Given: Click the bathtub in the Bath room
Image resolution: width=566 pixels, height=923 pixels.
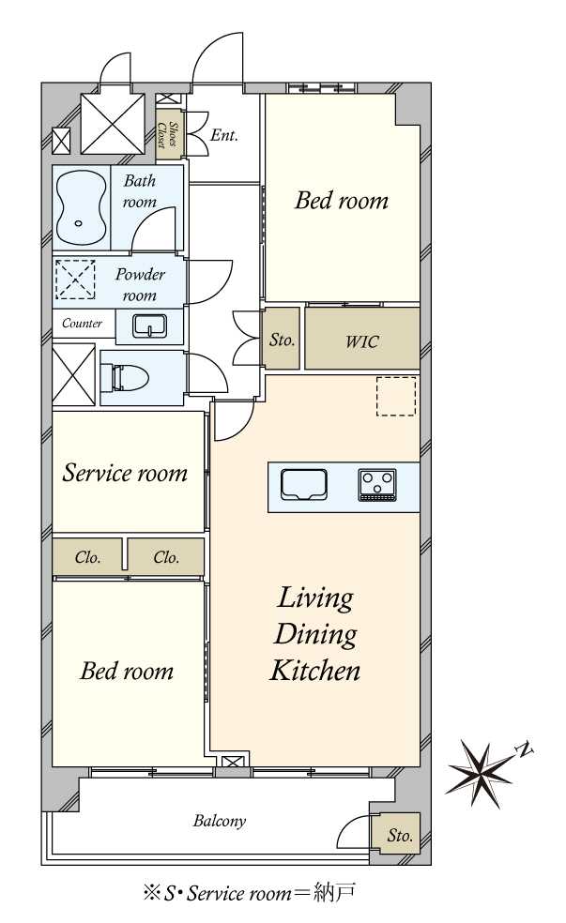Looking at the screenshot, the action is [82, 207].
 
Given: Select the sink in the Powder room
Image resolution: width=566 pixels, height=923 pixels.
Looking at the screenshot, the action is [149, 325].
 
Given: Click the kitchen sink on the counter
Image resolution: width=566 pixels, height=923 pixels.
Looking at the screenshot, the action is [304, 485].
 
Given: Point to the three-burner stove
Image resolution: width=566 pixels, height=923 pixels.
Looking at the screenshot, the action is [377, 485].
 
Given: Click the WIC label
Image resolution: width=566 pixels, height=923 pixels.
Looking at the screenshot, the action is [361, 341].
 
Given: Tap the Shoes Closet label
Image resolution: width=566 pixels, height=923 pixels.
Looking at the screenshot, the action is [167, 135].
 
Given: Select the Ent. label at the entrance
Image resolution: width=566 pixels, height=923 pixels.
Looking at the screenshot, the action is [223, 135].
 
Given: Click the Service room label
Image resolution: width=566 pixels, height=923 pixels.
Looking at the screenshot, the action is [126, 473].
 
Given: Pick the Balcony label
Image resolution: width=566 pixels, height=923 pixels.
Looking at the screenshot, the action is [219, 821].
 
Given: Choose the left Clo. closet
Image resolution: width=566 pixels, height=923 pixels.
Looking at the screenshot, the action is [87, 556].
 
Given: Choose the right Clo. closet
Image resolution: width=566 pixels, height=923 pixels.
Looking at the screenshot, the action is [166, 556].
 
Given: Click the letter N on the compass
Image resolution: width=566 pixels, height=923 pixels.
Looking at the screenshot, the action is [524, 749].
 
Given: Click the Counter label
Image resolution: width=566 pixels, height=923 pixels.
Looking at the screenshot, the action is [82, 324].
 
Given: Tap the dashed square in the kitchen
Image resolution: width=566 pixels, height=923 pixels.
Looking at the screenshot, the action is [396, 396].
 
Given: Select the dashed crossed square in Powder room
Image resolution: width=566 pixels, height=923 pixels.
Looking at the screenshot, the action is [75, 280].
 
